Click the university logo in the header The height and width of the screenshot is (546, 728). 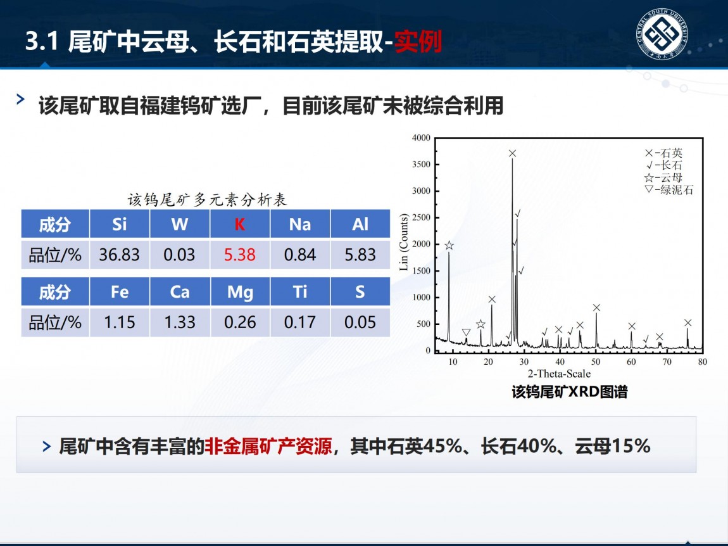662,34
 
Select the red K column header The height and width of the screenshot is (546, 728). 239,224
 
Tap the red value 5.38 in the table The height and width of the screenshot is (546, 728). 239,255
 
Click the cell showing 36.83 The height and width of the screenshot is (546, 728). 119,255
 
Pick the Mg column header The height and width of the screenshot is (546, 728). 240,292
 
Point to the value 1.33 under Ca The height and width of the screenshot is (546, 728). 180,322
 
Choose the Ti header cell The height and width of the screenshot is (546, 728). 300,292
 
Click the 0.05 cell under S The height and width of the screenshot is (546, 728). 360,322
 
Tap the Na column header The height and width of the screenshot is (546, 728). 300,224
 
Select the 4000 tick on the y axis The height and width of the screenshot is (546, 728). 421,137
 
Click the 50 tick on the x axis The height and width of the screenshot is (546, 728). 596,362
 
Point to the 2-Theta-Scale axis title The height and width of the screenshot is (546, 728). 559,374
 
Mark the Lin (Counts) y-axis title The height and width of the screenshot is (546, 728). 403,241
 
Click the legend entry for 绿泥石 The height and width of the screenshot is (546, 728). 669,189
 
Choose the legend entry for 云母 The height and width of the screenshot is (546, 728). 663,177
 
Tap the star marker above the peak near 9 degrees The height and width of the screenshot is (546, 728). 449,245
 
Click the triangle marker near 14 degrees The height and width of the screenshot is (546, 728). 466,333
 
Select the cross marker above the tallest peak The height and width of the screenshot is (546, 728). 512,153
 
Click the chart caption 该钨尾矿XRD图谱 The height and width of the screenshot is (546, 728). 570,391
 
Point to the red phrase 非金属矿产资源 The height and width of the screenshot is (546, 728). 268,446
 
